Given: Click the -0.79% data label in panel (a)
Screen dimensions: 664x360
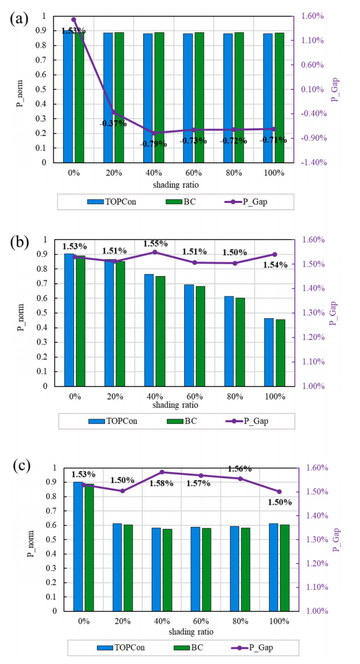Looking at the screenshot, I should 153,144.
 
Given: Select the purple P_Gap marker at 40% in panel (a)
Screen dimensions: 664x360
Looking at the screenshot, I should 154,133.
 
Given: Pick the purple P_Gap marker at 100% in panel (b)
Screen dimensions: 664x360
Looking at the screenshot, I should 275,254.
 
